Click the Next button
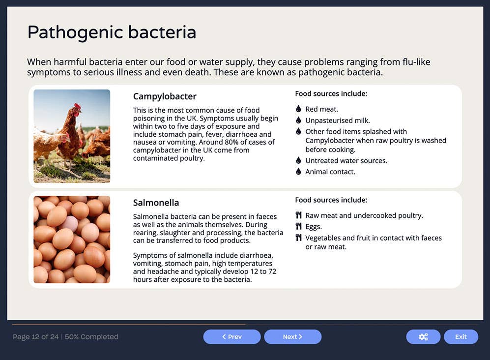[x=292, y=337]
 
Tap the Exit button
[x=461, y=337]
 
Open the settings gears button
[x=423, y=337]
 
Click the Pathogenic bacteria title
[x=112, y=33]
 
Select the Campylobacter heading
[x=165, y=96]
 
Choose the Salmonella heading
[x=156, y=203]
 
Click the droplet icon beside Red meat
[x=298, y=109]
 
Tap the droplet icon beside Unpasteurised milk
[x=298, y=120]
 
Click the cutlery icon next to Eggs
[x=298, y=227]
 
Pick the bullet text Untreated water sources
[x=346, y=161]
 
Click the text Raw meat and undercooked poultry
[x=364, y=215]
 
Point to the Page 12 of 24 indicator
[x=35, y=337]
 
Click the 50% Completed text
[x=91, y=337]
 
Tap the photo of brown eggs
[x=72, y=240]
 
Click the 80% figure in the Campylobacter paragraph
[x=245, y=142]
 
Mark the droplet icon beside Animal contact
[x=298, y=172]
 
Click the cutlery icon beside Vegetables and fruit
[x=298, y=238]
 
